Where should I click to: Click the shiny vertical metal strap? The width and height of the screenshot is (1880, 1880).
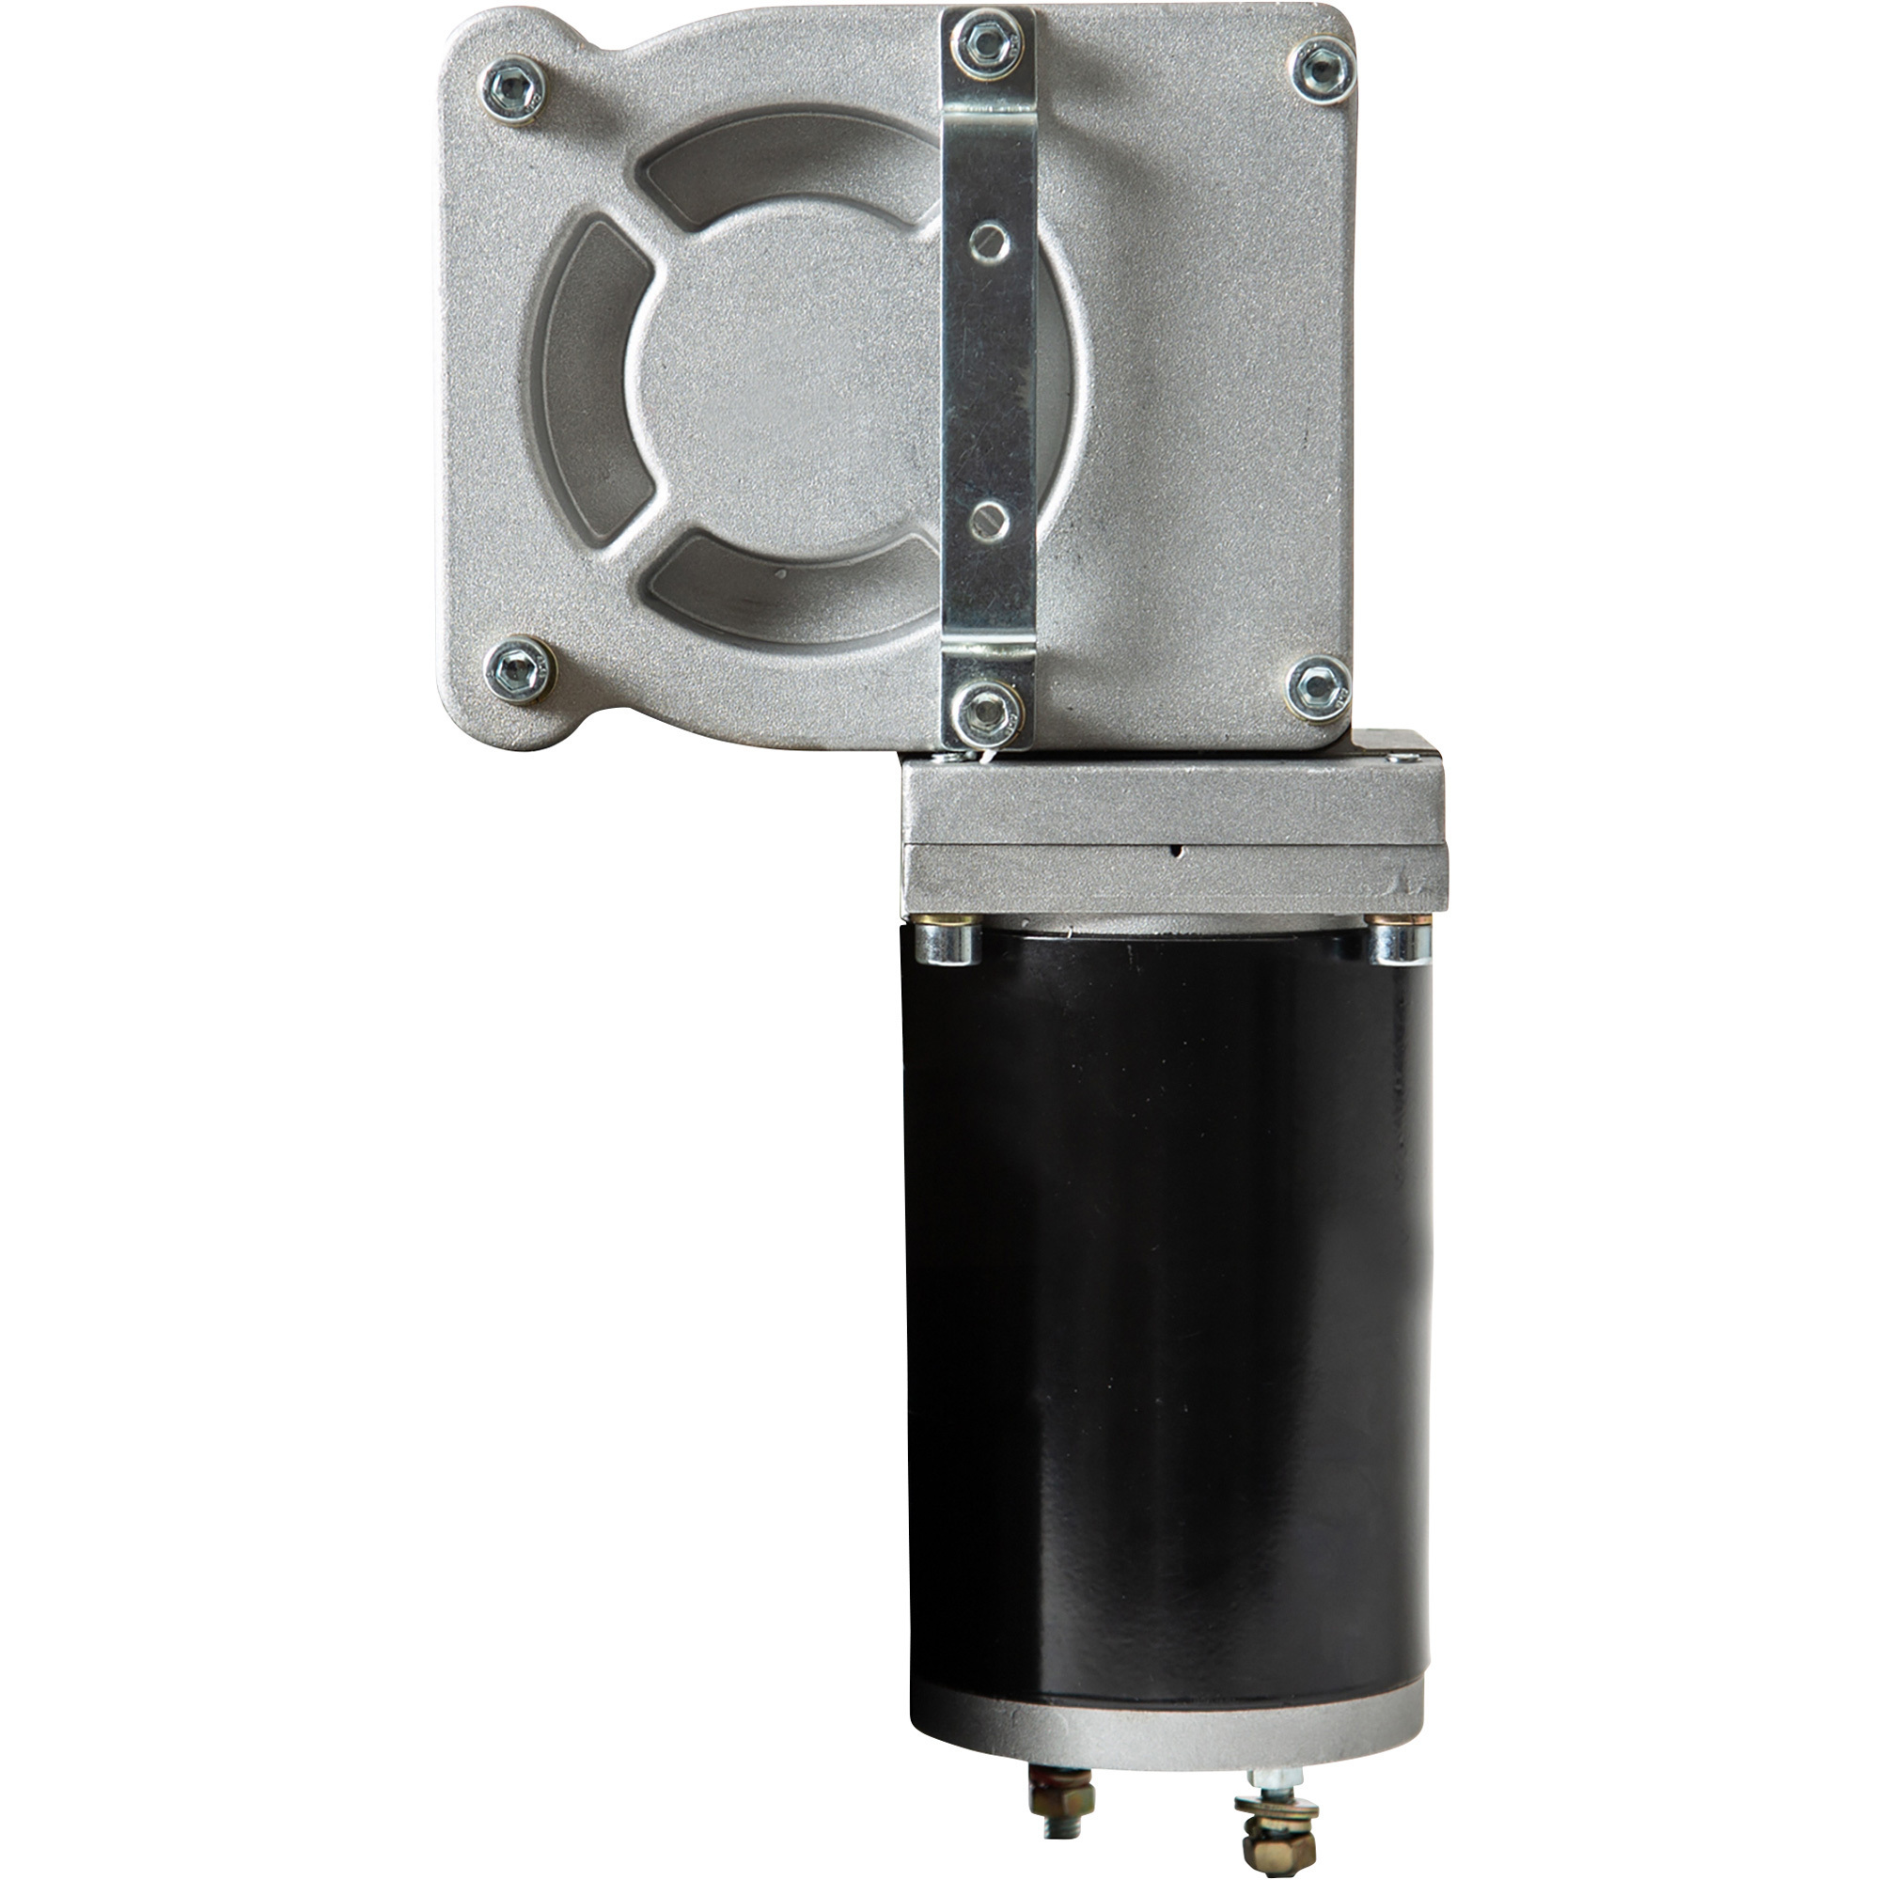pyautogui.click(x=987, y=389)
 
